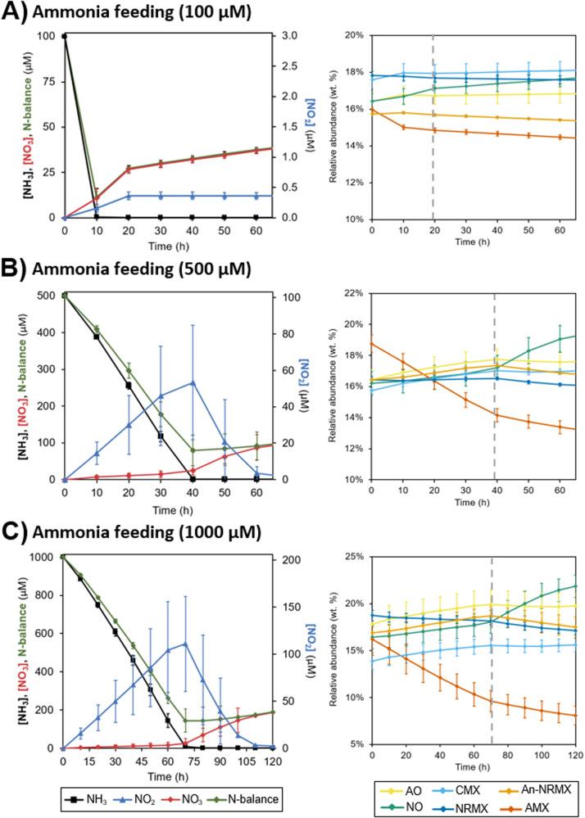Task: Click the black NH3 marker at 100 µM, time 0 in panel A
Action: (x=64, y=36)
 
